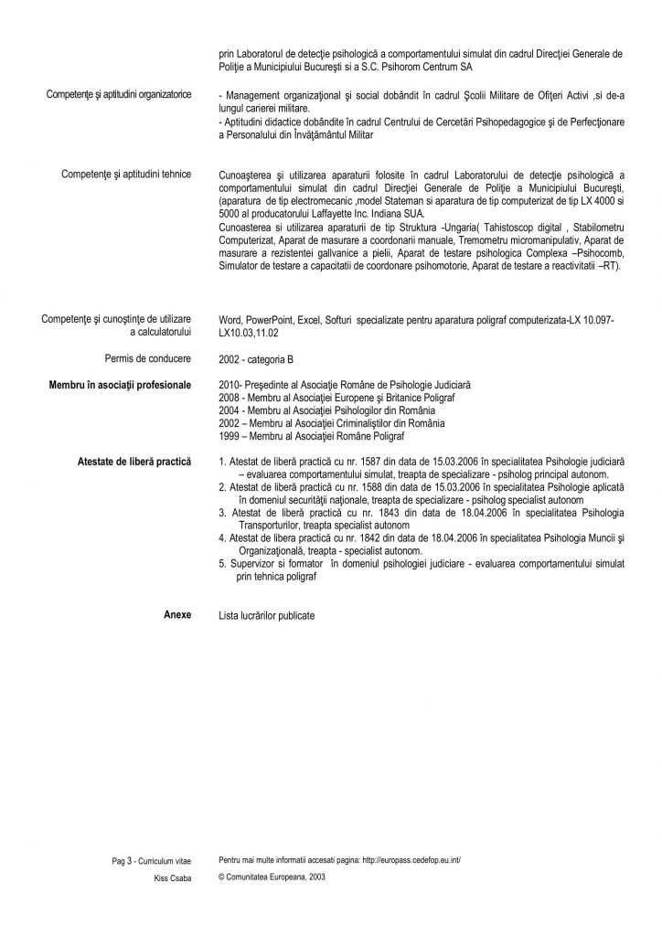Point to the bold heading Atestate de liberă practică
point(135,463)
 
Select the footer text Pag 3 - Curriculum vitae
point(152,861)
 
